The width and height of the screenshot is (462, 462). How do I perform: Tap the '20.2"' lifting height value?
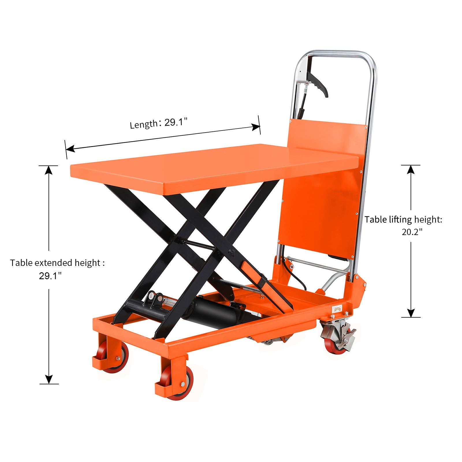[412, 232]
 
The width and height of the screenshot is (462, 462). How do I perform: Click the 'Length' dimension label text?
[144, 124]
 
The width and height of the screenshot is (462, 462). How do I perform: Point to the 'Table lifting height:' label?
[403, 220]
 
